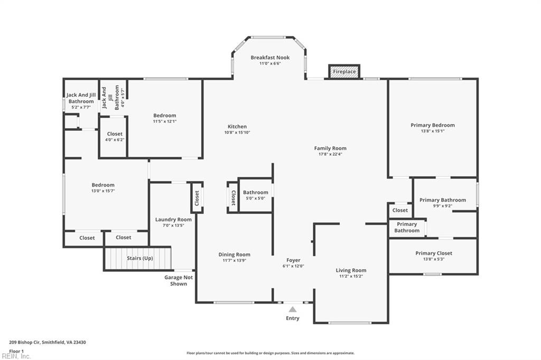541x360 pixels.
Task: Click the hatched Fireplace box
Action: [x=344, y=72]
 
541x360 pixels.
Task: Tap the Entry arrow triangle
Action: [x=293, y=309]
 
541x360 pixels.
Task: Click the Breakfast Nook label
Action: [x=270, y=58]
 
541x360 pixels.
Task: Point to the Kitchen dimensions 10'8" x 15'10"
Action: [x=237, y=132]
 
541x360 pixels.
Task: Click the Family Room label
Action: [x=330, y=148]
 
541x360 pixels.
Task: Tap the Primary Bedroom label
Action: [x=433, y=125]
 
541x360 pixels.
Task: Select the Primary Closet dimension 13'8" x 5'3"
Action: [x=434, y=259]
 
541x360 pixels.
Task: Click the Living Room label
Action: [x=351, y=270]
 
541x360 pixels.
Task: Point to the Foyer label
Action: [x=293, y=260]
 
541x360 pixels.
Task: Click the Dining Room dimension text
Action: [x=234, y=260]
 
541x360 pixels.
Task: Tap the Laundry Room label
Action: [x=173, y=220]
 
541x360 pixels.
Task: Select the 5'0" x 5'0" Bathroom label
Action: [x=255, y=193]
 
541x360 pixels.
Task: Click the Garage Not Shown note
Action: [x=179, y=281]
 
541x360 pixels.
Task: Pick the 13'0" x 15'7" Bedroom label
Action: [x=103, y=185]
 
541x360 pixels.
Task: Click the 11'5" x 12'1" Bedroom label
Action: [x=165, y=116]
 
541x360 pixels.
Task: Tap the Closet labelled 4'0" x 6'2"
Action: [x=115, y=134]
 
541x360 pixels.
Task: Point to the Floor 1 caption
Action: [x=16, y=351]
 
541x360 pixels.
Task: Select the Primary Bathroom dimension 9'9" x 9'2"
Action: [x=443, y=206]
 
